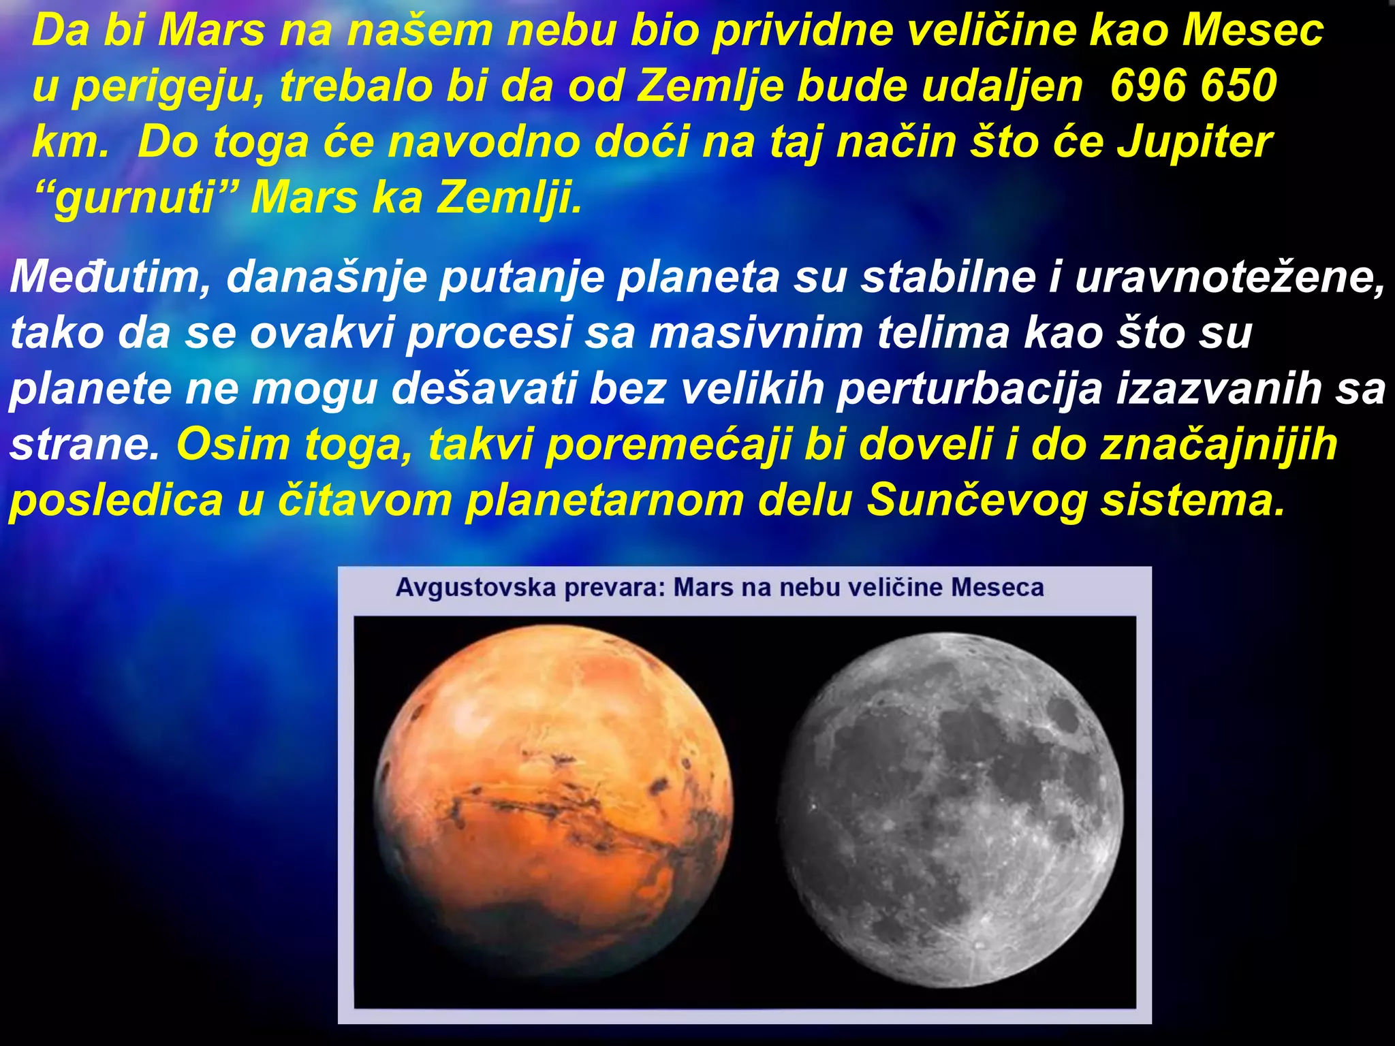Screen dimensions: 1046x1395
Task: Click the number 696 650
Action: pos(1193,86)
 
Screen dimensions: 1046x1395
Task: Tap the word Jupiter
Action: pos(1194,142)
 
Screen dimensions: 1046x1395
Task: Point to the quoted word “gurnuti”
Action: pos(125,198)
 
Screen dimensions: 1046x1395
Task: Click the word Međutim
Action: pos(110,278)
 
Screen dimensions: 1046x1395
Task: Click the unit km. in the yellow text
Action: pos(70,142)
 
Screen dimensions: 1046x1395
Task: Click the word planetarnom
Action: pos(605,501)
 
